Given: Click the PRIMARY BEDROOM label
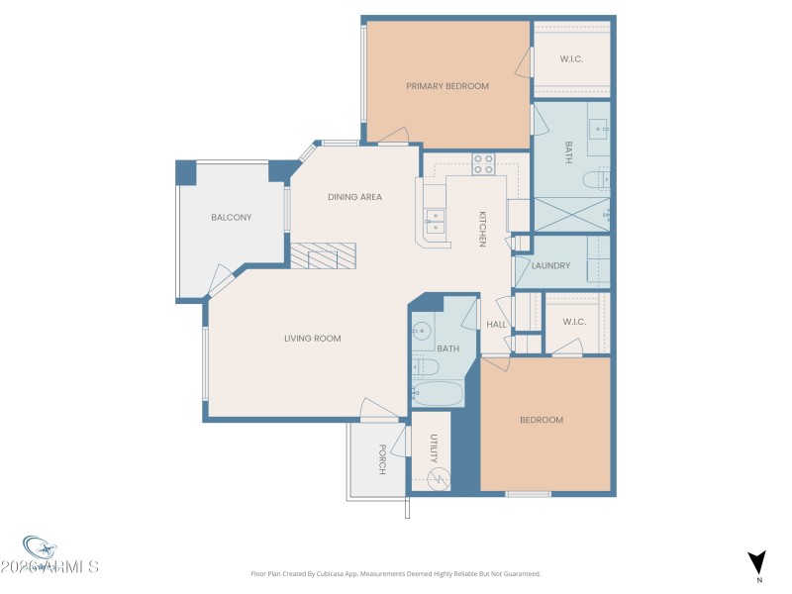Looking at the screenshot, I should (x=447, y=86).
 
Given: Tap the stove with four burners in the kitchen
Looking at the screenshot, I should (x=483, y=164).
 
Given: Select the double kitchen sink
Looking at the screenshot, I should (x=434, y=219).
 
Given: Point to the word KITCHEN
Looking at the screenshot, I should (x=482, y=229).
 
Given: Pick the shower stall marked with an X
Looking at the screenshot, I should (x=572, y=213).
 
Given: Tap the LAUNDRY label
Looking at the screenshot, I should (x=550, y=265).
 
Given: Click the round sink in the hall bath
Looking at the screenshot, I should (x=422, y=333).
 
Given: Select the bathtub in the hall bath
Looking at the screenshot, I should (x=436, y=395).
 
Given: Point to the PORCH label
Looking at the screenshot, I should (x=381, y=458).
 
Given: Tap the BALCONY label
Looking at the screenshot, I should (x=231, y=218).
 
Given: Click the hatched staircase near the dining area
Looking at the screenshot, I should (x=322, y=256).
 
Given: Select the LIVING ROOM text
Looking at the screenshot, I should (x=313, y=339).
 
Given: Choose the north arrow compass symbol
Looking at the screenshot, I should (x=757, y=562).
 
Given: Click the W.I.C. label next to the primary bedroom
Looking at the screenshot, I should (x=571, y=58).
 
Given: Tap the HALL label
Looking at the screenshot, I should (x=496, y=324).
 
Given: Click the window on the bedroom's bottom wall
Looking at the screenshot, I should (x=528, y=493).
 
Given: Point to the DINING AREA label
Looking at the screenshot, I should (x=354, y=197).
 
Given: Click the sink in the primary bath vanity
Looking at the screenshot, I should (x=599, y=127).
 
